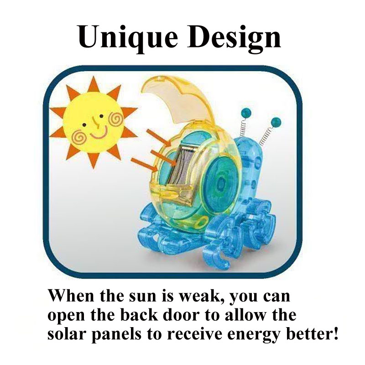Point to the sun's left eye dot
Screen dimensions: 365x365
coord(84,125)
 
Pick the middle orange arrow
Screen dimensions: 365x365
coord(163,158)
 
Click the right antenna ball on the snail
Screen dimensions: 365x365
coord(276,122)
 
